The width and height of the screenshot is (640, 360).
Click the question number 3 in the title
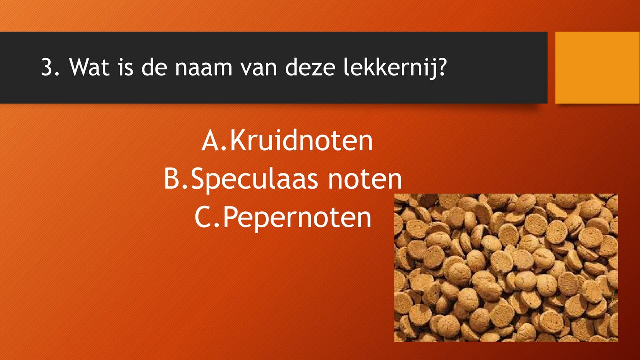tap(47, 67)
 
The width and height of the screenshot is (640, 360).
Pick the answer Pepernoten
tap(297, 218)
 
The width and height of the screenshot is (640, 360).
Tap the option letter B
tap(173, 180)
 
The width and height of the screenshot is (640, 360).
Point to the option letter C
tap(204, 218)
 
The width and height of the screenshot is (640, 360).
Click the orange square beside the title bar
tap(597, 67)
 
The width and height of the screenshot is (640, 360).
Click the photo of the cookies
tap(506, 267)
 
